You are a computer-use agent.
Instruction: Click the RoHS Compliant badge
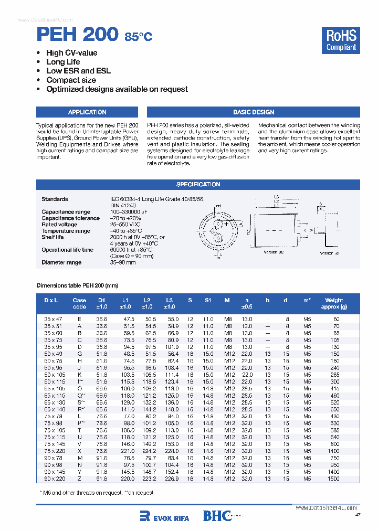341,40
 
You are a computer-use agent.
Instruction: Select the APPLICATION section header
87,112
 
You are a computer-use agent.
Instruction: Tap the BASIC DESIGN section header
254,112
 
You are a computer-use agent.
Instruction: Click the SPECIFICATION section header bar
198,185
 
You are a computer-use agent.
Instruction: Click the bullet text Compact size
71,80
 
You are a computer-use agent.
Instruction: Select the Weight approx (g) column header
334,303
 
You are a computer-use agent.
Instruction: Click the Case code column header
79,303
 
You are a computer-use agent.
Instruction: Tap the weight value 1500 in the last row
333,479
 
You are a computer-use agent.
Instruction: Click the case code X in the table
79,451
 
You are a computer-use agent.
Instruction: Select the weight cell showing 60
336,319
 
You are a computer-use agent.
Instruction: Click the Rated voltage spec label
59,225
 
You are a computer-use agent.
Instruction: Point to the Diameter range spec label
61,262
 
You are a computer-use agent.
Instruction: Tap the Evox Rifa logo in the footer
164,517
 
